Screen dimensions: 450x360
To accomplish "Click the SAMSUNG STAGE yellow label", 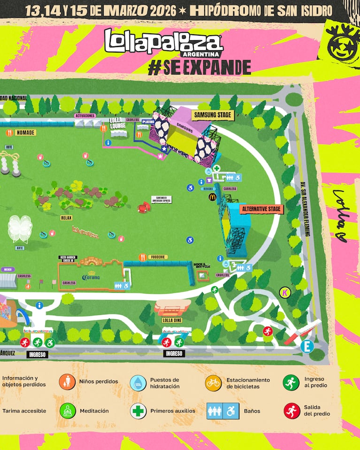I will tap(213, 114).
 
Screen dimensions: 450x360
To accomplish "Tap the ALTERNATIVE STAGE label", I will tap(262, 209).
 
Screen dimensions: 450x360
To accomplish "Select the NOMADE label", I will tap(25, 133).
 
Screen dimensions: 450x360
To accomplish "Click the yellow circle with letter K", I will tap(284, 292).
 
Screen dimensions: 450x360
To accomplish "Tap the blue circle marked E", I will tap(307, 347).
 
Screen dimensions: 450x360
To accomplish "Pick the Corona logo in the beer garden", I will tap(91, 276).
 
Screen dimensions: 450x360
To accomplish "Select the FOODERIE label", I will tap(158, 257).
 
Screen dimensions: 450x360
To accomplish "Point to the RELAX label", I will tap(66, 218).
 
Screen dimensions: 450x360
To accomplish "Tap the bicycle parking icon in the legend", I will tap(213, 383).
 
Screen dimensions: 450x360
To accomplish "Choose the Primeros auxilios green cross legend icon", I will tap(138, 411).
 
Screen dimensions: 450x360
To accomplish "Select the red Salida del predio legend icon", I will tap(291, 411).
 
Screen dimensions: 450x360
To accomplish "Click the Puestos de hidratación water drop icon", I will tap(138, 383).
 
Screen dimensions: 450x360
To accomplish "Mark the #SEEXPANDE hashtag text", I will tap(199, 67).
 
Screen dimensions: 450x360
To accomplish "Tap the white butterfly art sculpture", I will tap(20, 228).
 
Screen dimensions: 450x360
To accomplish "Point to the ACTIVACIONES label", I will tap(85, 115).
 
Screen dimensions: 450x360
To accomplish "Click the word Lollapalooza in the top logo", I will tap(163, 41).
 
